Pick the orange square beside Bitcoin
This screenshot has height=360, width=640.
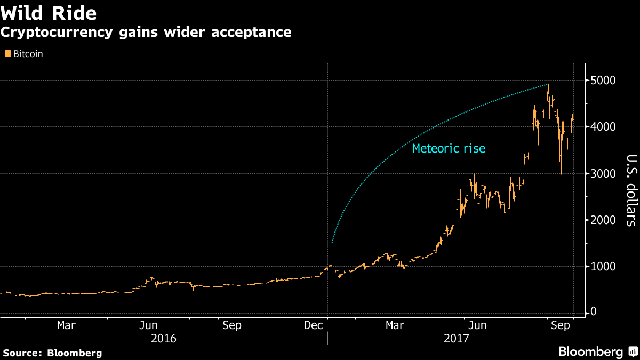(x=7, y=54)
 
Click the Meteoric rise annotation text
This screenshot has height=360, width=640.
(x=449, y=148)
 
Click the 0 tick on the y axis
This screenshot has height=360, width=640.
(x=593, y=313)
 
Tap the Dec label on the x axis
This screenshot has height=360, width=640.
(x=313, y=324)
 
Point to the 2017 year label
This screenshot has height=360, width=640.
(x=455, y=338)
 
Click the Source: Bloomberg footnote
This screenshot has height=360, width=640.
(x=52, y=353)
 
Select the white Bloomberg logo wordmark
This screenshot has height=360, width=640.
(x=590, y=351)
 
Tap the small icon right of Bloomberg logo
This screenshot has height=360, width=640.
(x=632, y=352)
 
